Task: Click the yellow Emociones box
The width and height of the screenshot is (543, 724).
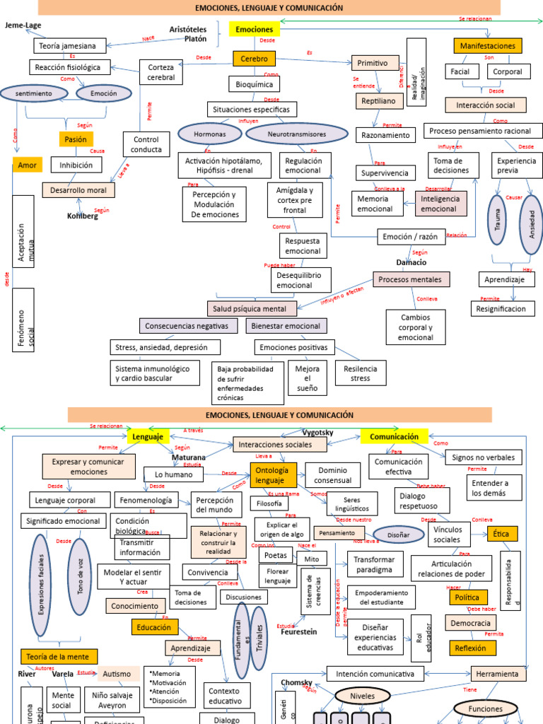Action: click(255, 30)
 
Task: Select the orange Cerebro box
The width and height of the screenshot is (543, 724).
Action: click(254, 59)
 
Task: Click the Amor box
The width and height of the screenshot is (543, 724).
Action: click(27, 165)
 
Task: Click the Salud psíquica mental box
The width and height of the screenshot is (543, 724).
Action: click(251, 309)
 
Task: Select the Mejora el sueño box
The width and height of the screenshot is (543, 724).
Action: click(308, 378)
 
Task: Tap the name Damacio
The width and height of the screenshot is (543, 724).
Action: click(411, 262)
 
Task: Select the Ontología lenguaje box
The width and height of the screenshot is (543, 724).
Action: click(271, 475)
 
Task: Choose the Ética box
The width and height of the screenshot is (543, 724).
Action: click(503, 533)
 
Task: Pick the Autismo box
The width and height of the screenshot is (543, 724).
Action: click(117, 674)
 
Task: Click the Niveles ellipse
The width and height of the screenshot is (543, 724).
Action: click(362, 696)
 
